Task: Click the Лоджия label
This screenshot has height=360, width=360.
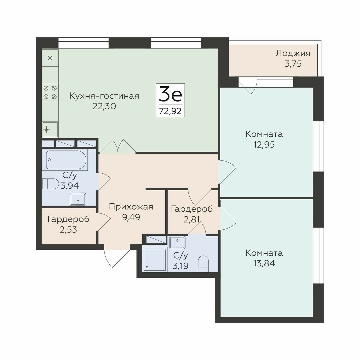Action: tap(293, 53)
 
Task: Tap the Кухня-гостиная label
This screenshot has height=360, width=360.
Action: tap(104, 96)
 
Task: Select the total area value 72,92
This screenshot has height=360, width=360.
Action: tap(170, 111)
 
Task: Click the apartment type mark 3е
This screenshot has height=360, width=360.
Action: tap(170, 94)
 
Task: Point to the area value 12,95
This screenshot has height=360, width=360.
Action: tap(264, 145)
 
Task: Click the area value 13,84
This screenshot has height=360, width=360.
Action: tap(264, 263)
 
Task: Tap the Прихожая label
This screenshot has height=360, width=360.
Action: tap(131, 207)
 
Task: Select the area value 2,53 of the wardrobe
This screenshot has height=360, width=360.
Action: tap(68, 229)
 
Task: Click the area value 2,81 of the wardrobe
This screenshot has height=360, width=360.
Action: tap(192, 219)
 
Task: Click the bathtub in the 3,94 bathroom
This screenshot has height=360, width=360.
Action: tap(66, 160)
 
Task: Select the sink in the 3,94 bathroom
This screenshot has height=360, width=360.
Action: tap(78, 199)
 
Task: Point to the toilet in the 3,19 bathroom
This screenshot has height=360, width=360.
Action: tap(203, 264)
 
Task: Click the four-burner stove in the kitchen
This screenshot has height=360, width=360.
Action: tap(50, 92)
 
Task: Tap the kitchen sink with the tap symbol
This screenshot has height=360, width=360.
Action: tap(50, 129)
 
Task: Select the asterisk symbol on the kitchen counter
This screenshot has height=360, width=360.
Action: tap(50, 58)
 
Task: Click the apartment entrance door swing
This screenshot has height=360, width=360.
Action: tap(117, 257)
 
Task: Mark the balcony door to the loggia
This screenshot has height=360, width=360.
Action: tap(248, 85)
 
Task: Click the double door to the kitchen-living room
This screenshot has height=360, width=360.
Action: tap(118, 146)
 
